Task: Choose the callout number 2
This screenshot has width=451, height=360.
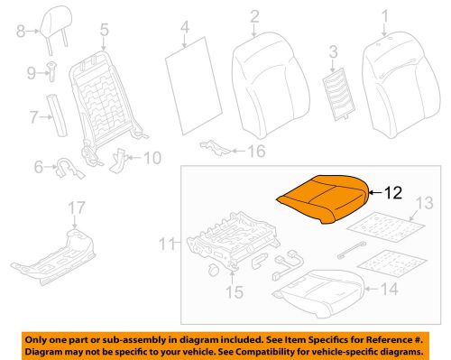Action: coord(254,16)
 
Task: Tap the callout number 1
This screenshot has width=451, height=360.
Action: coord(385,15)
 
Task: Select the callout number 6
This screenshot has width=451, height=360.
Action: coord(38,165)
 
